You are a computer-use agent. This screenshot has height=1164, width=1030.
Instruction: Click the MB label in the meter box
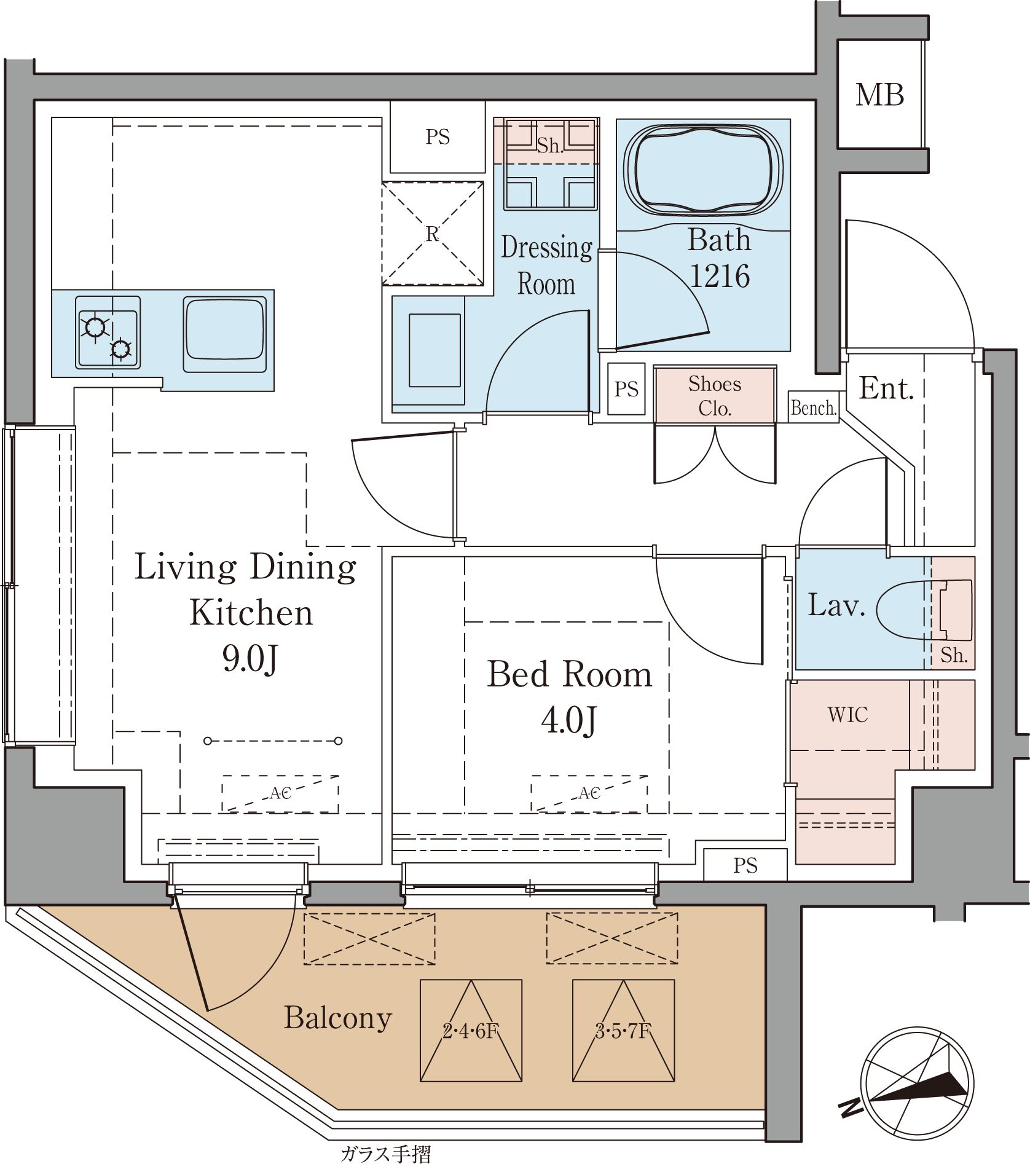click(880, 95)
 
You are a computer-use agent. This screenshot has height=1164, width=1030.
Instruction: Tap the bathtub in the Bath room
click(703, 170)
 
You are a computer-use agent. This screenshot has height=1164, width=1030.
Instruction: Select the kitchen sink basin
click(225, 334)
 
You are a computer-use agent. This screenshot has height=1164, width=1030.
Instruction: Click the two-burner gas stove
click(108, 332)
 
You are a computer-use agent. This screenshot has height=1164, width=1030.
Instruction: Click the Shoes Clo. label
click(715, 396)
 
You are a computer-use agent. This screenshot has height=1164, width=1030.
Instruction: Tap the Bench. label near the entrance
click(814, 407)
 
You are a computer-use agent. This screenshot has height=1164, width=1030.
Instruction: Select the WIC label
click(848, 715)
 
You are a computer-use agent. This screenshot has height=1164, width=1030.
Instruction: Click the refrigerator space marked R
click(433, 234)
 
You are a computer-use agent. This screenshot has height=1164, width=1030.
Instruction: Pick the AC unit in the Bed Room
click(589, 793)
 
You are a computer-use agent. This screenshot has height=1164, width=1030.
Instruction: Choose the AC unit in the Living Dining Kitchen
click(280, 793)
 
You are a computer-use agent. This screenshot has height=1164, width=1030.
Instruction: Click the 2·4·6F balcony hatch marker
click(471, 1031)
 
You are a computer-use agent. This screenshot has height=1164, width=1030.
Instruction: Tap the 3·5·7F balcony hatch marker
click(624, 1031)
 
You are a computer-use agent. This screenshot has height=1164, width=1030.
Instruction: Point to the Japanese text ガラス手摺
click(386, 1154)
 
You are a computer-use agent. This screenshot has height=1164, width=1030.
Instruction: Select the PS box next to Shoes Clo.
click(626, 389)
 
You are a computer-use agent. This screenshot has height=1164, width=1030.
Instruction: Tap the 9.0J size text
click(250, 659)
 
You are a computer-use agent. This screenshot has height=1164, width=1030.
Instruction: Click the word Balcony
click(338, 1018)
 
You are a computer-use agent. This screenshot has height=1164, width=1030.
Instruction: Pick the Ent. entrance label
click(886, 388)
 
